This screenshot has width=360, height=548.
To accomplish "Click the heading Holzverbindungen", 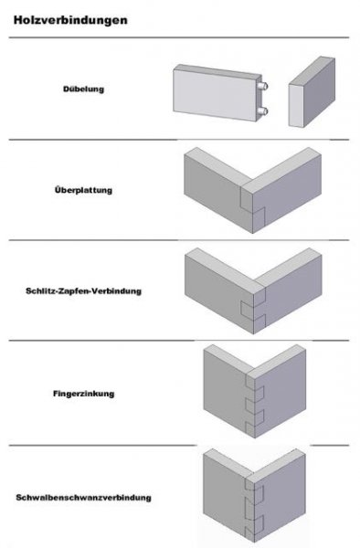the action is tap(70, 20).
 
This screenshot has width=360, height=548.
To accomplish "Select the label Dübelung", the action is tap(83, 90).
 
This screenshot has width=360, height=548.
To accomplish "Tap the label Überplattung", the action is tap(83, 190).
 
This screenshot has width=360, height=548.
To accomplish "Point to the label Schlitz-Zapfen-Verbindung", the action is tap(83, 290).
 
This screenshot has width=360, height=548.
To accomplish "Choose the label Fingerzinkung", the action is tap(83, 394).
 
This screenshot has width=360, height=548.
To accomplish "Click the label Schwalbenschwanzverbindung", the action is tap(83, 498).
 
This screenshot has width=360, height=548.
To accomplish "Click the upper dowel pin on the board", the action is tap(263, 85).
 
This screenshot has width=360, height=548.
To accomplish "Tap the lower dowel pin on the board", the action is tap(263, 111).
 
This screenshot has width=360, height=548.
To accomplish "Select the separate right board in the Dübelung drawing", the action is tap(312, 92).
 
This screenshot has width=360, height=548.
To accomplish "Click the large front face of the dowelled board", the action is tap(215, 94).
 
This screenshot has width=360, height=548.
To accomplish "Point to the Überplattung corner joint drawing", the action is tap(252, 190).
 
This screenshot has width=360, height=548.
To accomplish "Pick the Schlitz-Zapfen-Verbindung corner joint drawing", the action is tap(253, 290).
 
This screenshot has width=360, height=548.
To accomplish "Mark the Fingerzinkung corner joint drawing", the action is tap(254, 391).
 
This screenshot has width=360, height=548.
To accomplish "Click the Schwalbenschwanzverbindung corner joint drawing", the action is tap(254, 495).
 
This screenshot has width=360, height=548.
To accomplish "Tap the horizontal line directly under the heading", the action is tap(179, 37).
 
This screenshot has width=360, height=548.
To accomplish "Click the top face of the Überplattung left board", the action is tap(217, 166).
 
